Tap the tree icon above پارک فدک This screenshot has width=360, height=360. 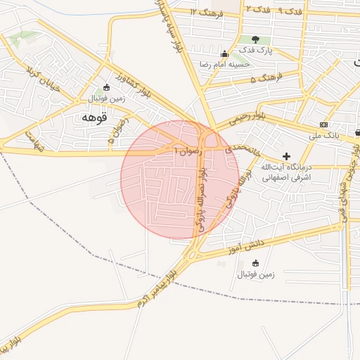click(254, 39)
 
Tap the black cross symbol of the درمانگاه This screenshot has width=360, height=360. click(285, 155)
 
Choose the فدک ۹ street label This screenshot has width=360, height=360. click(290, 11)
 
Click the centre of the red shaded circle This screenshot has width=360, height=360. click(180, 179)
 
